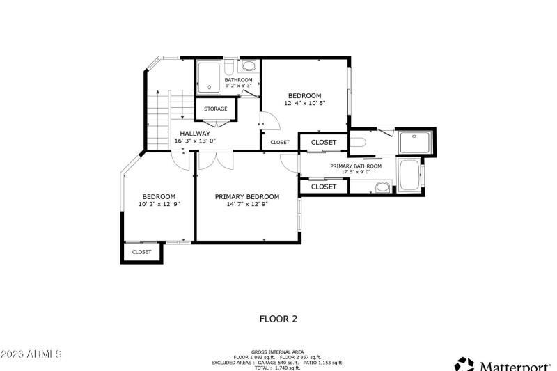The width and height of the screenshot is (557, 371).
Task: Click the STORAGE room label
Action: (215, 109)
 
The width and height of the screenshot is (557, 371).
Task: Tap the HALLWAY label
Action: (195, 134)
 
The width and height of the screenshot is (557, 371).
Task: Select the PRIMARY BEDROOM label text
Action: (246, 197)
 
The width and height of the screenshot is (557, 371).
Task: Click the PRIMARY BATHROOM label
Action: (355, 166)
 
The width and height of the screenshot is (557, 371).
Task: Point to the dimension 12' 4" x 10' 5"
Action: (305, 103)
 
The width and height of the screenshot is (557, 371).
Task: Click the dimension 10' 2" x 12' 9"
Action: (159, 205)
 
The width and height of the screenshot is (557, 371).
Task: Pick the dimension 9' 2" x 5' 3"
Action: (238, 87)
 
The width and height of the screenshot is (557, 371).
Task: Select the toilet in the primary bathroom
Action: (358, 143)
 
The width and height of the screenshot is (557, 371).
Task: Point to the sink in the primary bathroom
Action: (382, 187)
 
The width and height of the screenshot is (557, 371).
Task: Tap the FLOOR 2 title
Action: (278, 319)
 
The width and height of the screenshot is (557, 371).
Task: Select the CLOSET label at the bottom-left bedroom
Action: (141, 252)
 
